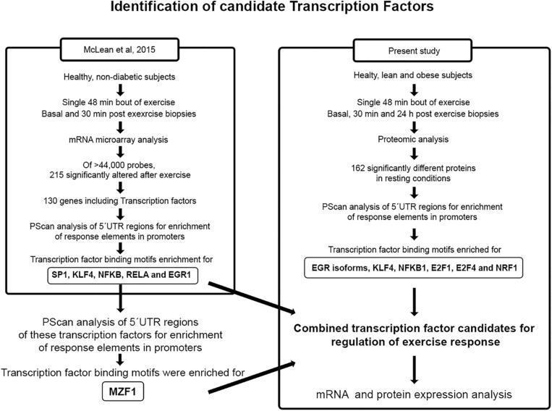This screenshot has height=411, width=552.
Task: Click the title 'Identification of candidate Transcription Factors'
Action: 276,10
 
